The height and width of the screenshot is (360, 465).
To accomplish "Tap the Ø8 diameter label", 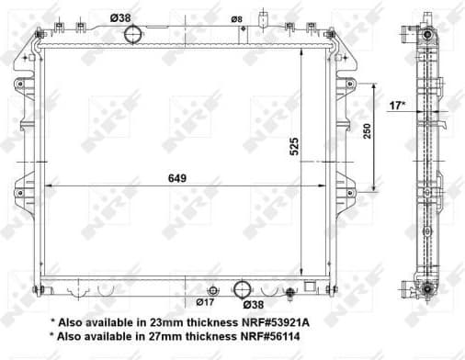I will pos(236,17).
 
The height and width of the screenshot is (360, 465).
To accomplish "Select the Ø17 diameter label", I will pos(206,301).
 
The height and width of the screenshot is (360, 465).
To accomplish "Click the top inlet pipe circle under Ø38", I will pos(134,35).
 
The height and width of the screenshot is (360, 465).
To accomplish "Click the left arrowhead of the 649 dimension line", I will pos(47,186).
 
